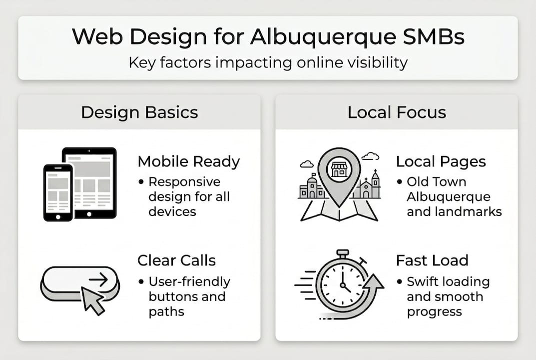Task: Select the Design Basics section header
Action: (x=139, y=112)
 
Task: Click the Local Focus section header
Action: (x=397, y=112)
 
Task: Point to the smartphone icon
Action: (x=58, y=192)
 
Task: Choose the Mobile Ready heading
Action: (x=189, y=161)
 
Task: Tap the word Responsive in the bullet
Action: (x=184, y=181)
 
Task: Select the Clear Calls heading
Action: (x=176, y=260)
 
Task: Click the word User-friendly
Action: (x=189, y=281)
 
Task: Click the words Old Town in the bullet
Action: (x=436, y=181)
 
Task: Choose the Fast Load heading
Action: (x=432, y=260)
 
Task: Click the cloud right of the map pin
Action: (x=370, y=156)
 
